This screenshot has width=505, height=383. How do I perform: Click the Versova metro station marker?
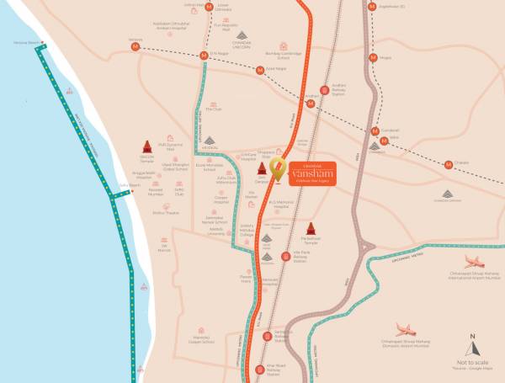tap(136, 47)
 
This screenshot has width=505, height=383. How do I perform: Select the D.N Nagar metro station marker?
tap(203, 56)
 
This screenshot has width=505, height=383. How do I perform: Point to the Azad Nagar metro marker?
tap(260, 71)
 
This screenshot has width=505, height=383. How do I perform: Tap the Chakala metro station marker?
tap(449, 163)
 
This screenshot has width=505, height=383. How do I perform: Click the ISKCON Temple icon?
tap(146, 145)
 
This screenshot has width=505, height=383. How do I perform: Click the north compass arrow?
tap(472, 344)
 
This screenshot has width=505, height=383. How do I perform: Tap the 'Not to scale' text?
tap(471, 362)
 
